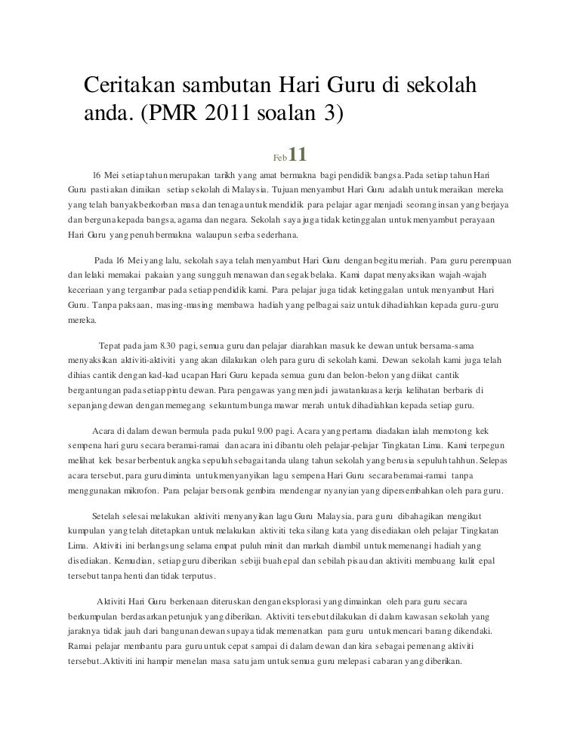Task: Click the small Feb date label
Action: (279, 157)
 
